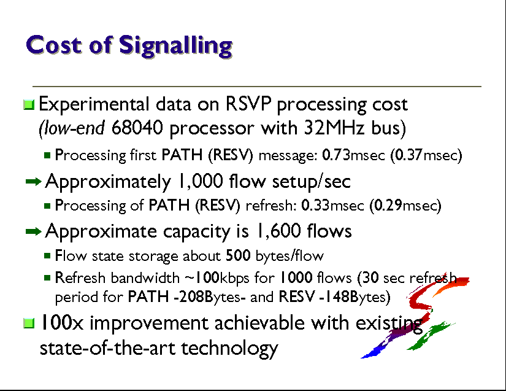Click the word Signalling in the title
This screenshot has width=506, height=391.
click(x=176, y=46)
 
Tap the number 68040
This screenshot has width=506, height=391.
click(x=137, y=128)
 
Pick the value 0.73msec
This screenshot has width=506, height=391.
click(x=354, y=155)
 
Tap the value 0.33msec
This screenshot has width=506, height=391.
click(x=332, y=206)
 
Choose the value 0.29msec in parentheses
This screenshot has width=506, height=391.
click(x=405, y=206)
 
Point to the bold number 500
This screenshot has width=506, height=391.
click(x=238, y=256)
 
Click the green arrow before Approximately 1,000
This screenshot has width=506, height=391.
click(x=34, y=182)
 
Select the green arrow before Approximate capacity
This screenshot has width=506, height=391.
click(x=34, y=231)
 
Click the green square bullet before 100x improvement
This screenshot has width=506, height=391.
click(x=29, y=323)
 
